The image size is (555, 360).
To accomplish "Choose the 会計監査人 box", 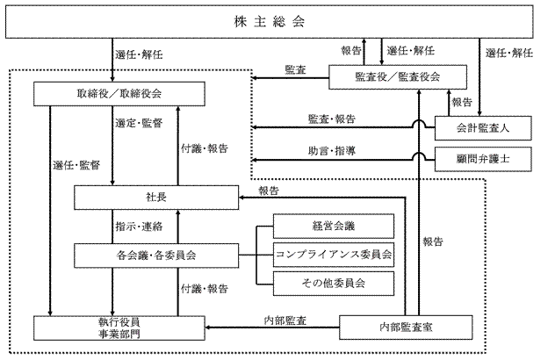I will (483, 128).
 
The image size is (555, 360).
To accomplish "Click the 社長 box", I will (156, 198).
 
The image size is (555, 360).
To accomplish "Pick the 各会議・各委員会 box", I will (156, 256).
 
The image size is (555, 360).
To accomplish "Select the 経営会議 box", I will (334, 226).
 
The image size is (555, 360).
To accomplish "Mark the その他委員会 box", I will (334, 283).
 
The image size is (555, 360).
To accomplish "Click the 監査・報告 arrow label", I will (332, 119).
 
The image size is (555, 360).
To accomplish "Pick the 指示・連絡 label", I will (138, 227).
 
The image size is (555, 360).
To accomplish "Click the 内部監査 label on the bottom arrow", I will (285, 320).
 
